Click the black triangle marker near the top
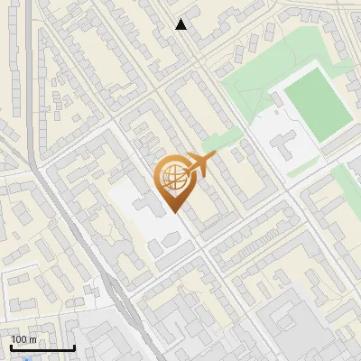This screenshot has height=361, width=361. [181, 24]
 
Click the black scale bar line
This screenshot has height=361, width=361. [42, 347]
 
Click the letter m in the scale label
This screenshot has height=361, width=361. [32, 339]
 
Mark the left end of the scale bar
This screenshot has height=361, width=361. [10, 347]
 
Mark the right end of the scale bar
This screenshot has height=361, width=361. [74, 347]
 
